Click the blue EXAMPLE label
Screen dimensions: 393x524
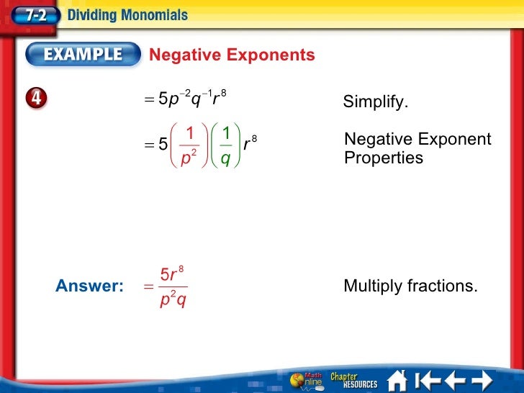tap(83, 55)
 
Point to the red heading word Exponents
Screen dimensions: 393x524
tap(273, 55)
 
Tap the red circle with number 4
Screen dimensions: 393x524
tap(37, 100)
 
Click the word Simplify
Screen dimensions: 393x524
tap(375, 102)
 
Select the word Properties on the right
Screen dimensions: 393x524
tap(384, 158)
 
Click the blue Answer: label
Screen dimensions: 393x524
tap(89, 286)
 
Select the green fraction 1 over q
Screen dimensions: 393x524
tap(225, 145)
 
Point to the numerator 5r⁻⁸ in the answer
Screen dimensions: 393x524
tap(172, 274)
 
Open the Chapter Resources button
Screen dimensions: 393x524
tap(353, 379)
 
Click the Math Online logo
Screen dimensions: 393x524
tap(307, 380)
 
